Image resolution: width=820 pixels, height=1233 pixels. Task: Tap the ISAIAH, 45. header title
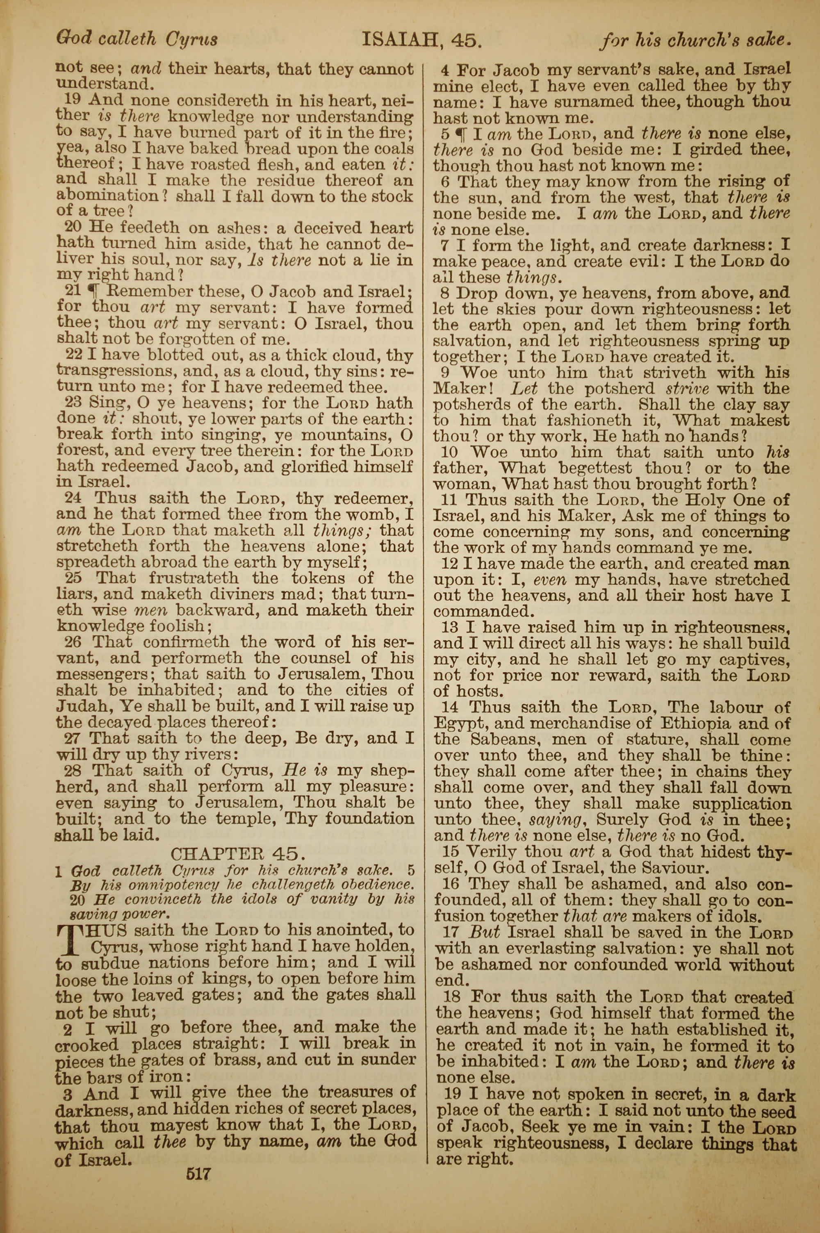coord(421,40)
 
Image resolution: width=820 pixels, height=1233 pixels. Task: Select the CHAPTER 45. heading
coord(237,853)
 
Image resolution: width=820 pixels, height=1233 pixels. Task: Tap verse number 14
coord(450,707)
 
